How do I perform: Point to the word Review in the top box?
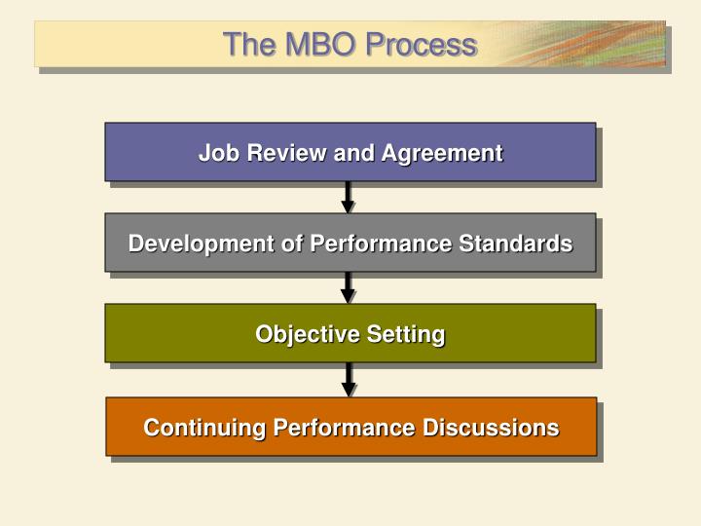[x=281, y=153]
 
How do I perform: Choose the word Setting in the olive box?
[x=406, y=334]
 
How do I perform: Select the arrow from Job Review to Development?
[x=348, y=198]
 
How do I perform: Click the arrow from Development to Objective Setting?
[x=348, y=288]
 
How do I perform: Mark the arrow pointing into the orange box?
[x=348, y=380]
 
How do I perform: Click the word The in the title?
[x=244, y=45]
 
